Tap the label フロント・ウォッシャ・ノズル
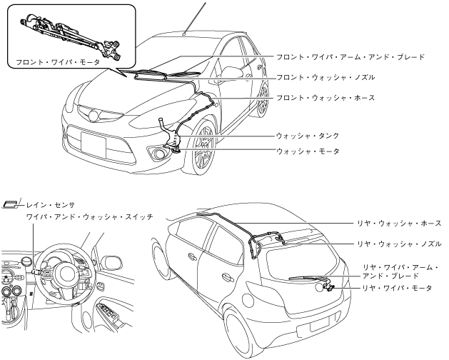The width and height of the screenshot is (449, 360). click(x=324, y=76)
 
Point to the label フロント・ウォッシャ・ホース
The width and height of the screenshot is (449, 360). click(x=324, y=97)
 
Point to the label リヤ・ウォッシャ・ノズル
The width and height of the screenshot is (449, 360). click(x=399, y=244)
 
